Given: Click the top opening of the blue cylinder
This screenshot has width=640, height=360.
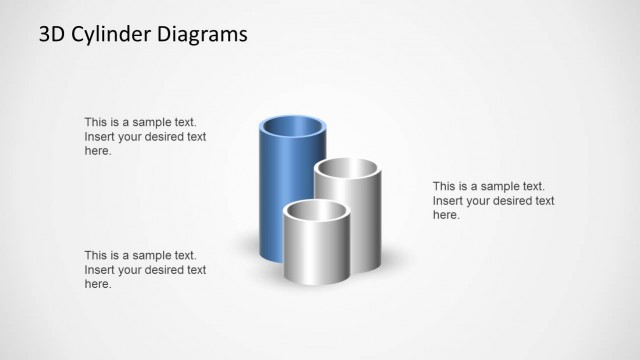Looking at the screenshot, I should pyautogui.click(x=293, y=128).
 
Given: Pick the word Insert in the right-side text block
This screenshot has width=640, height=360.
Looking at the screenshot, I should pyautogui.click(x=449, y=200).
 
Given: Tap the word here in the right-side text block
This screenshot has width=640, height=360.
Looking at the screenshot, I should pyautogui.click(x=445, y=215).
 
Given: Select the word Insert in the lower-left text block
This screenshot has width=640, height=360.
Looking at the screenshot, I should pyautogui.click(x=100, y=269).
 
